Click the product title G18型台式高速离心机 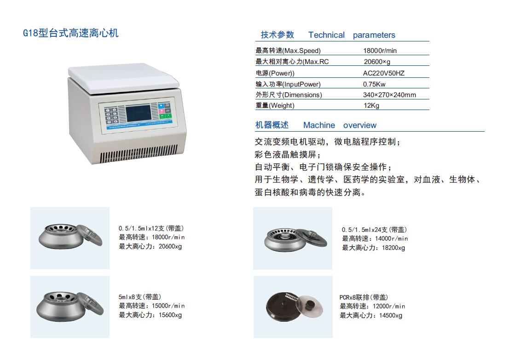(71, 33)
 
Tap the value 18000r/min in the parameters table (380, 51)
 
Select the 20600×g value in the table (377, 62)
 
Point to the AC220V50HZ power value (384, 73)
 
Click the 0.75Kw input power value (374, 84)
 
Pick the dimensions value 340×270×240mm (389, 95)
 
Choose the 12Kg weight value (371, 105)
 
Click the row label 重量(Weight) (275, 105)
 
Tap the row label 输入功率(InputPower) (288, 84)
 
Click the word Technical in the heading (326, 35)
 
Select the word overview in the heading (360, 125)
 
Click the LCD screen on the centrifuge (138, 113)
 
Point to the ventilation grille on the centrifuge (139, 154)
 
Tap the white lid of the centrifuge (123, 78)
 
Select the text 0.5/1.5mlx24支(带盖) (374, 230)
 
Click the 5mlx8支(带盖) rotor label (139, 297)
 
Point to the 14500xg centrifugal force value (387, 315)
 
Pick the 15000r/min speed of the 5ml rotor (168, 306)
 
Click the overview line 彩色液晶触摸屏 (286, 155)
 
